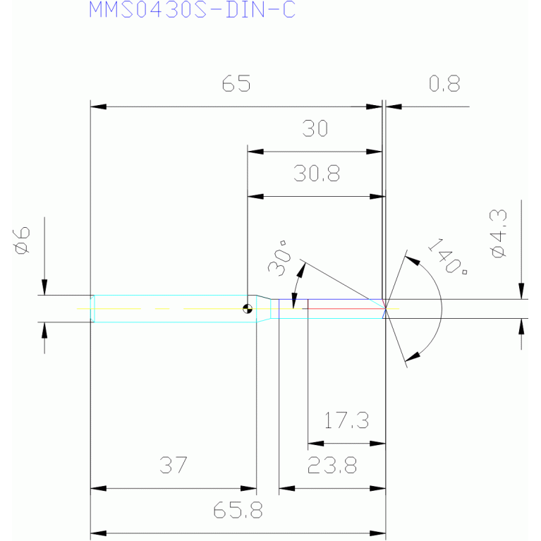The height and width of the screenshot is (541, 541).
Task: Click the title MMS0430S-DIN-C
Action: (192, 10)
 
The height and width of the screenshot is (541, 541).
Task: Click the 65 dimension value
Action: (236, 83)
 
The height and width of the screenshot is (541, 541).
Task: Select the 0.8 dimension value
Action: (444, 83)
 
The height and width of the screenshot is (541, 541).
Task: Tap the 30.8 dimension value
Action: (317, 174)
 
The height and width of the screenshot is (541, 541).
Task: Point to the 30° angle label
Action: (279, 258)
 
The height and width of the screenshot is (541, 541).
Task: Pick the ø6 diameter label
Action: (22, 241)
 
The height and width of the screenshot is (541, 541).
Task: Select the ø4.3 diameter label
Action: (498, 233)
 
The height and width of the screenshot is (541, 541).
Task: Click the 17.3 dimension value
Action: (346, 420)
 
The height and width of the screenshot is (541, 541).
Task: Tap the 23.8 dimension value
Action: (332, 465)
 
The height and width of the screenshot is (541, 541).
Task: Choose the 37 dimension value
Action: (174, 465)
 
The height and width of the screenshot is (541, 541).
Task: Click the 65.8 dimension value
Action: (238, 510)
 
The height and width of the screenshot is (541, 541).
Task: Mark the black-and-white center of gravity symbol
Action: (248, 308)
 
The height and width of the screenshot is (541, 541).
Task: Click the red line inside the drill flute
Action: (346, 308)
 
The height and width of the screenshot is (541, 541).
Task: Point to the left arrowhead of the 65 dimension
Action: (98, 107)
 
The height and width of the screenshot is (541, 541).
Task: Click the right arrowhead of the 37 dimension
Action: (248, 488)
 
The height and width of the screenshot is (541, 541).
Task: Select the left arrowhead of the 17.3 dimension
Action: (316, 444)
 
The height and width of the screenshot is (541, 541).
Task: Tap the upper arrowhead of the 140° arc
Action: (413, 260)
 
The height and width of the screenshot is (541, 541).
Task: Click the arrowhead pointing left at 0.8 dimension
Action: (394, 107)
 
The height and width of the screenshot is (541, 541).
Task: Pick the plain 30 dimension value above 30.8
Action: (315, 128)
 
